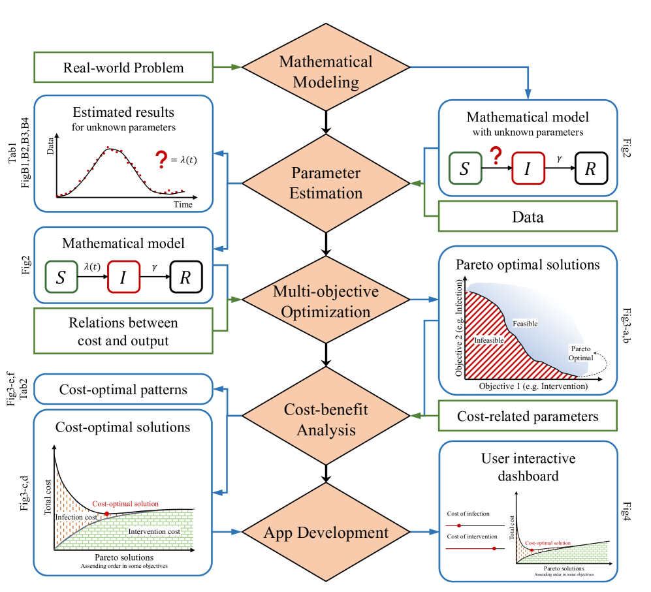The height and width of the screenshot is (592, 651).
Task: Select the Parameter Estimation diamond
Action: (x=325, y=183)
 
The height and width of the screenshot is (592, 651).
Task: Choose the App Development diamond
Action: (x=325, y=533)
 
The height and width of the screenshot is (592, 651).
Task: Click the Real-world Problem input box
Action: (x=123, y=68)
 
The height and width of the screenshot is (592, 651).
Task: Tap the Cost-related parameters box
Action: (x=527, y=416)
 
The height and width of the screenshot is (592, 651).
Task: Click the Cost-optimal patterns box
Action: (x=123, y=390)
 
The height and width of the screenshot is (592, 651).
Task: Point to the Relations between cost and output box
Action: (x=123, y=332)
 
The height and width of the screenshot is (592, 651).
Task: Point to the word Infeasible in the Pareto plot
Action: (x=488, y=339)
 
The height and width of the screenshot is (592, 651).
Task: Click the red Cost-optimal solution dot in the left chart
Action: (x=106, y=514)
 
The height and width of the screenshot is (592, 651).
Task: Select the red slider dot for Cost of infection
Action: (x=460, y=525)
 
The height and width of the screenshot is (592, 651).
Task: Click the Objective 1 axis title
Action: (x=533, y=386)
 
